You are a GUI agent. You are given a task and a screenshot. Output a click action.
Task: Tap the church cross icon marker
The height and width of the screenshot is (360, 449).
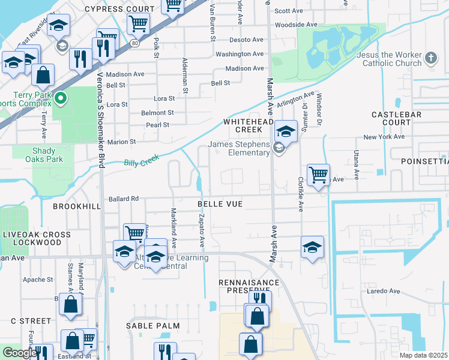(430, 58)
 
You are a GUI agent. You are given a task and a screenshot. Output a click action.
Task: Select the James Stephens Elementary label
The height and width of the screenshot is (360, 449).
(239, 148)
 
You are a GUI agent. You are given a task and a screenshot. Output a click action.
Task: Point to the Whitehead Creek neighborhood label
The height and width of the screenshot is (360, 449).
(243, 125)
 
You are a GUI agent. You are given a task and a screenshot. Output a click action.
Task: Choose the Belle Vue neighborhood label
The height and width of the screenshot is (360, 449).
(220, 204)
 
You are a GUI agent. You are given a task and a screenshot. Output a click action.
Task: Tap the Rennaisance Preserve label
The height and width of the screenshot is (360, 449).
(249, 286)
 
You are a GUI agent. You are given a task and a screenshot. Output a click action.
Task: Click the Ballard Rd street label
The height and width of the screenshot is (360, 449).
(124, 199)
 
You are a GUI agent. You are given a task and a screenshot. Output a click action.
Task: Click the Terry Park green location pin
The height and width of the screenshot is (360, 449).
(60, 98)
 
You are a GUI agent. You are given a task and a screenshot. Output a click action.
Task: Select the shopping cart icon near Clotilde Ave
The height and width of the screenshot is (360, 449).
(318, 175)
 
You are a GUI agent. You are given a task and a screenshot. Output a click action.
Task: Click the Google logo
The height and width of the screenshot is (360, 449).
(20, 353)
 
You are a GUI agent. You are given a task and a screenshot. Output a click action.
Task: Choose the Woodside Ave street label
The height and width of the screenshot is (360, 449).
(296, 25)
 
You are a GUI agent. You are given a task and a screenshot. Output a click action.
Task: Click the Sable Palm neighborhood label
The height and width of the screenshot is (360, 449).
(153, 325)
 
